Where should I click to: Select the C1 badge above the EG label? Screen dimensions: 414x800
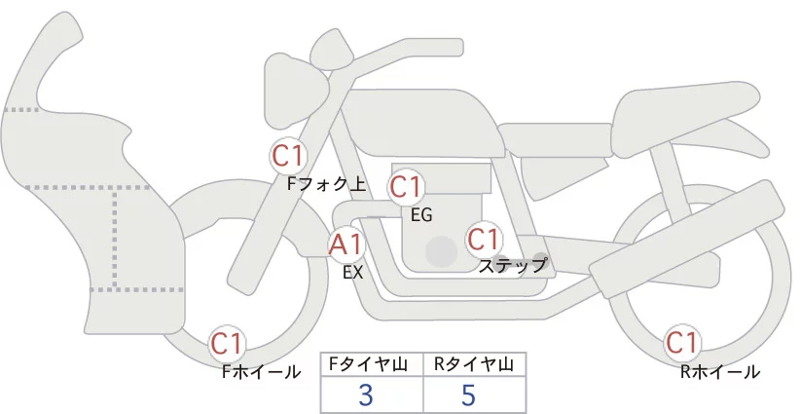pos(406,186)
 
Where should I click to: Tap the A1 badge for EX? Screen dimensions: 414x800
pos(346,244)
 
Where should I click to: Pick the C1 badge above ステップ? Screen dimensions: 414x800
pos(483,239)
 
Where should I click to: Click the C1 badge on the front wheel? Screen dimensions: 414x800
pos(229,344)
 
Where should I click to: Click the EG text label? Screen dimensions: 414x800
pos(421,213)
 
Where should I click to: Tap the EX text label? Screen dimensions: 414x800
pos(352,273)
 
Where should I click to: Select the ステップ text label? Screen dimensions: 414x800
pos(512,265)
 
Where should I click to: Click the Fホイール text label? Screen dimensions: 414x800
pos(261,371)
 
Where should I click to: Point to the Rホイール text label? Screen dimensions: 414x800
pos(720,371)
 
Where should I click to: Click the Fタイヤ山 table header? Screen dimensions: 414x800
pos(372,364)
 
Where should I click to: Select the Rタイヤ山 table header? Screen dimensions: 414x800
pos(474,364)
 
